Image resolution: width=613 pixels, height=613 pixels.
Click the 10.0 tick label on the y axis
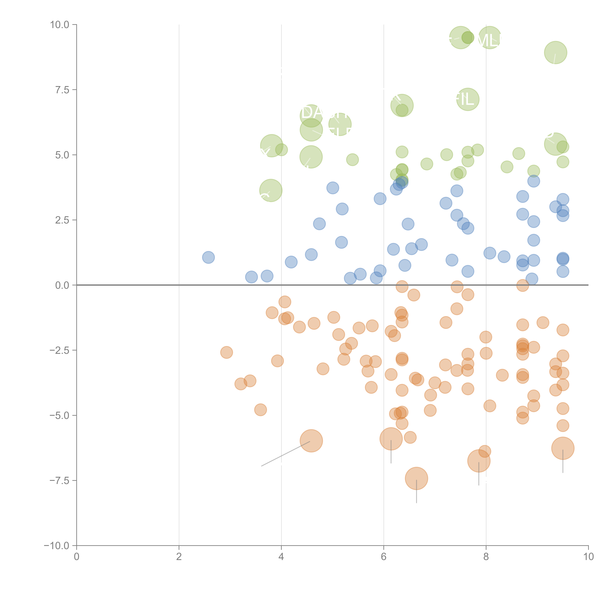(x=60, y=25)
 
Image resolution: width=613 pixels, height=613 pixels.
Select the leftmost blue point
(x=208, y=257)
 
